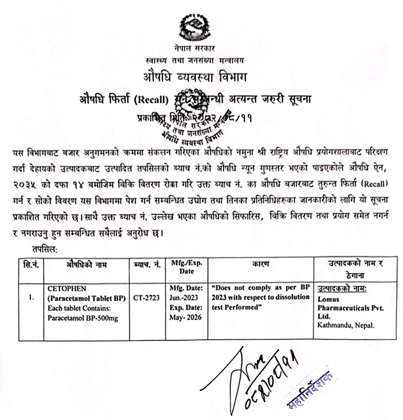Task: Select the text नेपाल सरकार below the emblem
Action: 195,50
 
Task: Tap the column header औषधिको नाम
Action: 86,264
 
